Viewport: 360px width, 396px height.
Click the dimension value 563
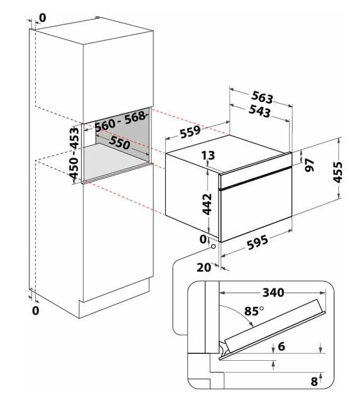(262, 97)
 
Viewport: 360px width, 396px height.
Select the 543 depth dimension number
(259, 111)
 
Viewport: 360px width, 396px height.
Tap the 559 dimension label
(190, 131)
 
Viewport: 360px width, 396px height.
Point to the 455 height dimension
(337, 172)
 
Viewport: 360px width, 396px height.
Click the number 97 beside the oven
(310, 165)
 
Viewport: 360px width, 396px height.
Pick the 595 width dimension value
(257, 243)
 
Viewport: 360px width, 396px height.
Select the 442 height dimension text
(207, 204)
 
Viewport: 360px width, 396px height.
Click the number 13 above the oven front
(208, 155)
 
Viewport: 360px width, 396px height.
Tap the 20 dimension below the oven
(204, 267)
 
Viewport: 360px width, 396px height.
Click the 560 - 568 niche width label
(120, 121)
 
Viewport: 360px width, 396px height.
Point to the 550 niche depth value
(119, 143)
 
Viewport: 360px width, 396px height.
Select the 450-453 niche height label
(74, 153)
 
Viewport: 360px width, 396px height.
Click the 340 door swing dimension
(273, 292)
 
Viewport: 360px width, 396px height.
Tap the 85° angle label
(254, 311)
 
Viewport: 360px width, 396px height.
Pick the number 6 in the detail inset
(281, 346)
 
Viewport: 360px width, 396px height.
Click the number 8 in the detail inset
(314, 382)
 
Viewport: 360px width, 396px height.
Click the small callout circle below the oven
(214, 246)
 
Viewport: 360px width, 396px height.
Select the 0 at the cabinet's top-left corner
(43, 18)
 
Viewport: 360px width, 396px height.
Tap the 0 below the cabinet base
(36, 311)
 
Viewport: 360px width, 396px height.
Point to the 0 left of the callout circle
(203, 239)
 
